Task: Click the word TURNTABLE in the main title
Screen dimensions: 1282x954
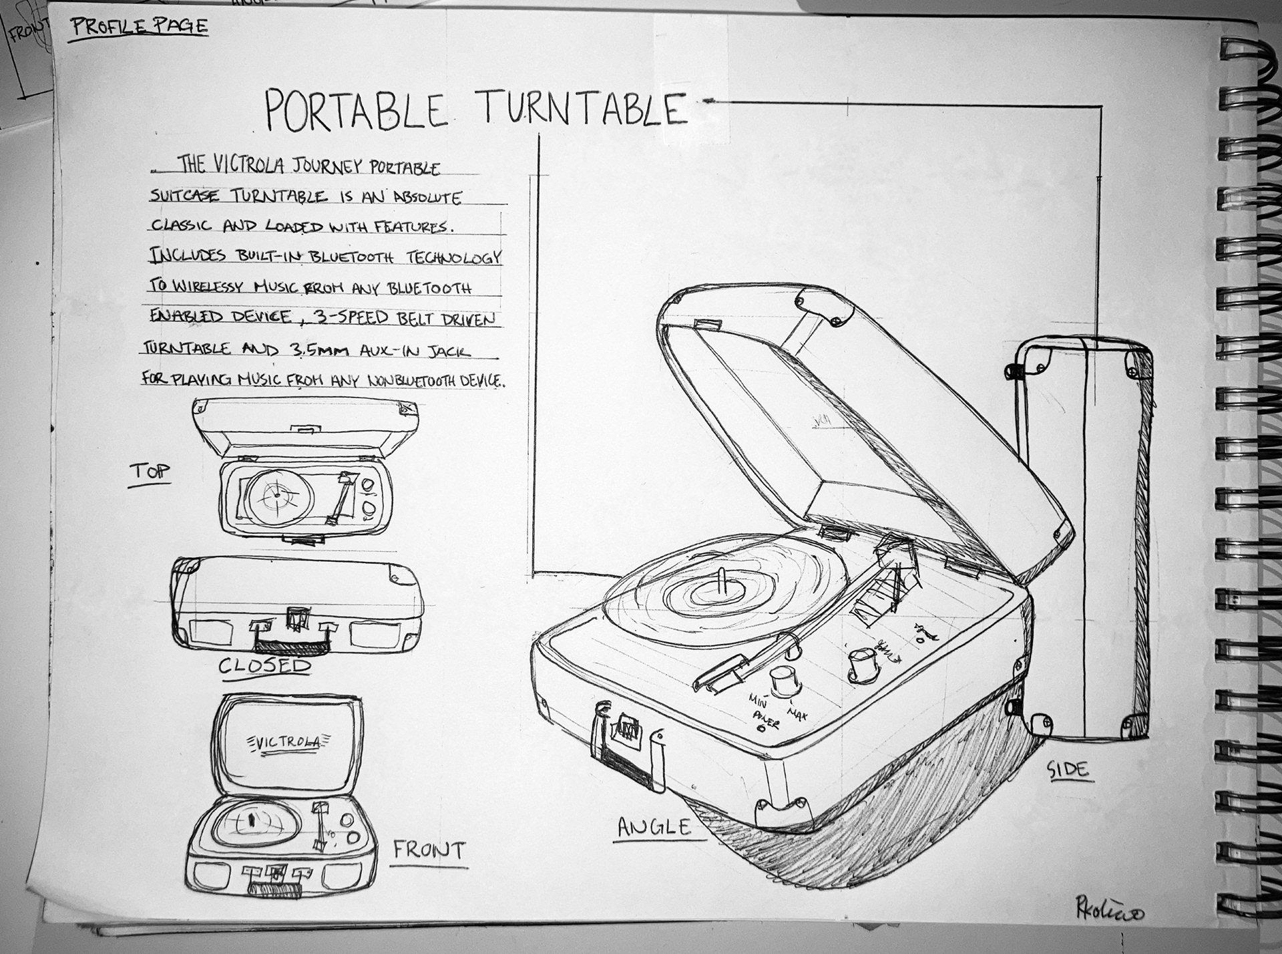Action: [x=583, y=109]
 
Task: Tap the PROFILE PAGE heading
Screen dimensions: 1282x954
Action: [x=140, y=27]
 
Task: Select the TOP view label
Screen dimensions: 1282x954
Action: [x=150, y=472]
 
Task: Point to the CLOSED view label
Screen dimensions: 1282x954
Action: [x=265, y=665]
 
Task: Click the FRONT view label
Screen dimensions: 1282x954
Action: [x=428, y=850]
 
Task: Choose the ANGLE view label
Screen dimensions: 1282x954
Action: [x=654, y=827]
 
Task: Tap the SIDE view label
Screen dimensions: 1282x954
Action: [x=1068, y=770]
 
